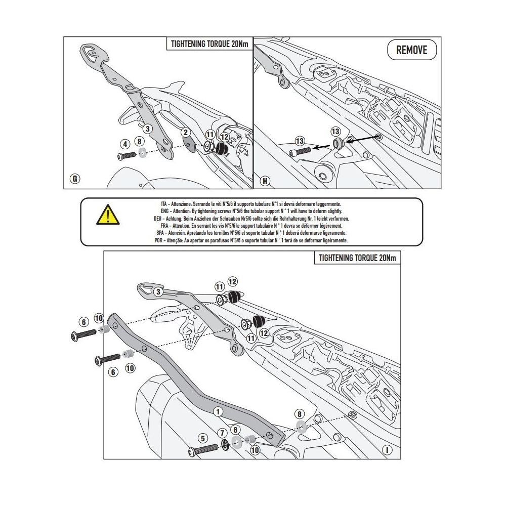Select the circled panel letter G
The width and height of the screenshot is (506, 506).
pos(75,178)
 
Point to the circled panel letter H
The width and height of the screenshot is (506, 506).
pos(264,180)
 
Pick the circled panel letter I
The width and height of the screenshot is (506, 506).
pos(387,449)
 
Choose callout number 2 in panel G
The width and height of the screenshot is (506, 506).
pos(186,133)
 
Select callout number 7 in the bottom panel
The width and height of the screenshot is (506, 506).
pos(222,432)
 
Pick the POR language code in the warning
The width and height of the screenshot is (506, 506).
pos(158,241)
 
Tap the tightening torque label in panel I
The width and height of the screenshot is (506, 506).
pos(357,258)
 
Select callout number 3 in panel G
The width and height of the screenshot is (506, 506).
pos(147,129)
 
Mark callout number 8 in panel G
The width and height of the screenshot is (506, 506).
pos(139,141)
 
